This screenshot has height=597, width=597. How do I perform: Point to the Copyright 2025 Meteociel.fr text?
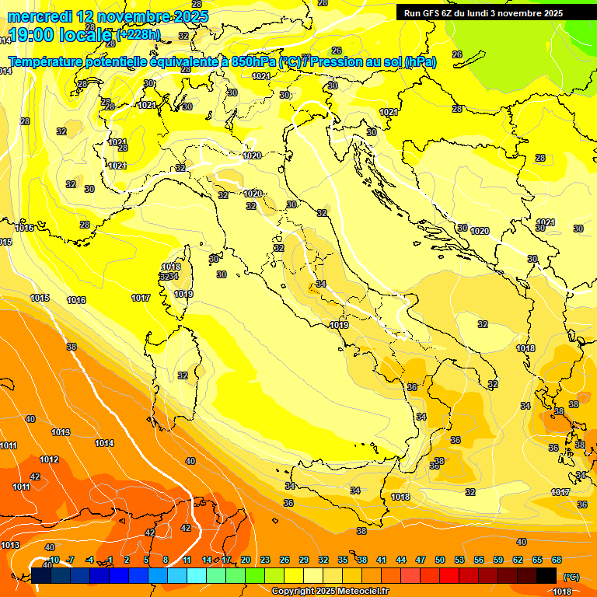[x=330, y=591]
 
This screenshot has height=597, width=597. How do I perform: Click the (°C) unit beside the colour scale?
[x=570, y=577]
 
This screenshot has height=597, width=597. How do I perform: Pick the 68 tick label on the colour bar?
[x=557, y=560]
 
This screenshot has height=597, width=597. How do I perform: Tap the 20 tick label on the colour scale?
[x=246, y=560]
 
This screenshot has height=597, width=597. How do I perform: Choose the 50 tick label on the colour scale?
[x=440, y=560]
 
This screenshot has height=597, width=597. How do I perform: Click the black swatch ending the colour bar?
[x=546, y=575]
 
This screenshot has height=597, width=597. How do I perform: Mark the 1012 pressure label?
[x=49, y=459]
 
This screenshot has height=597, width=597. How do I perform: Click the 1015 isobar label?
[x=40, y=298]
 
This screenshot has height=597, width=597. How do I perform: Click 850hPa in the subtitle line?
[x=253, y=61]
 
